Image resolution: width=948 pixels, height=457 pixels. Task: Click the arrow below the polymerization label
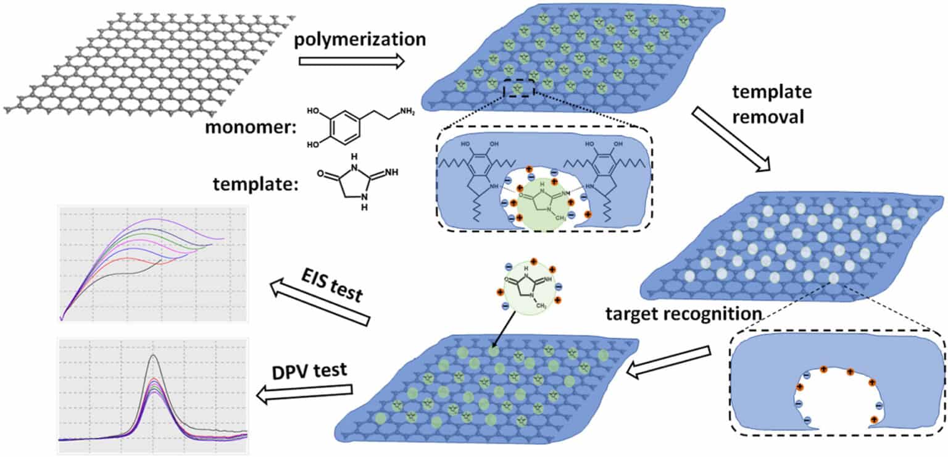(x=352, y=61)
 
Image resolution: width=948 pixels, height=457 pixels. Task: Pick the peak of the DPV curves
(x=152, y=357)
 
